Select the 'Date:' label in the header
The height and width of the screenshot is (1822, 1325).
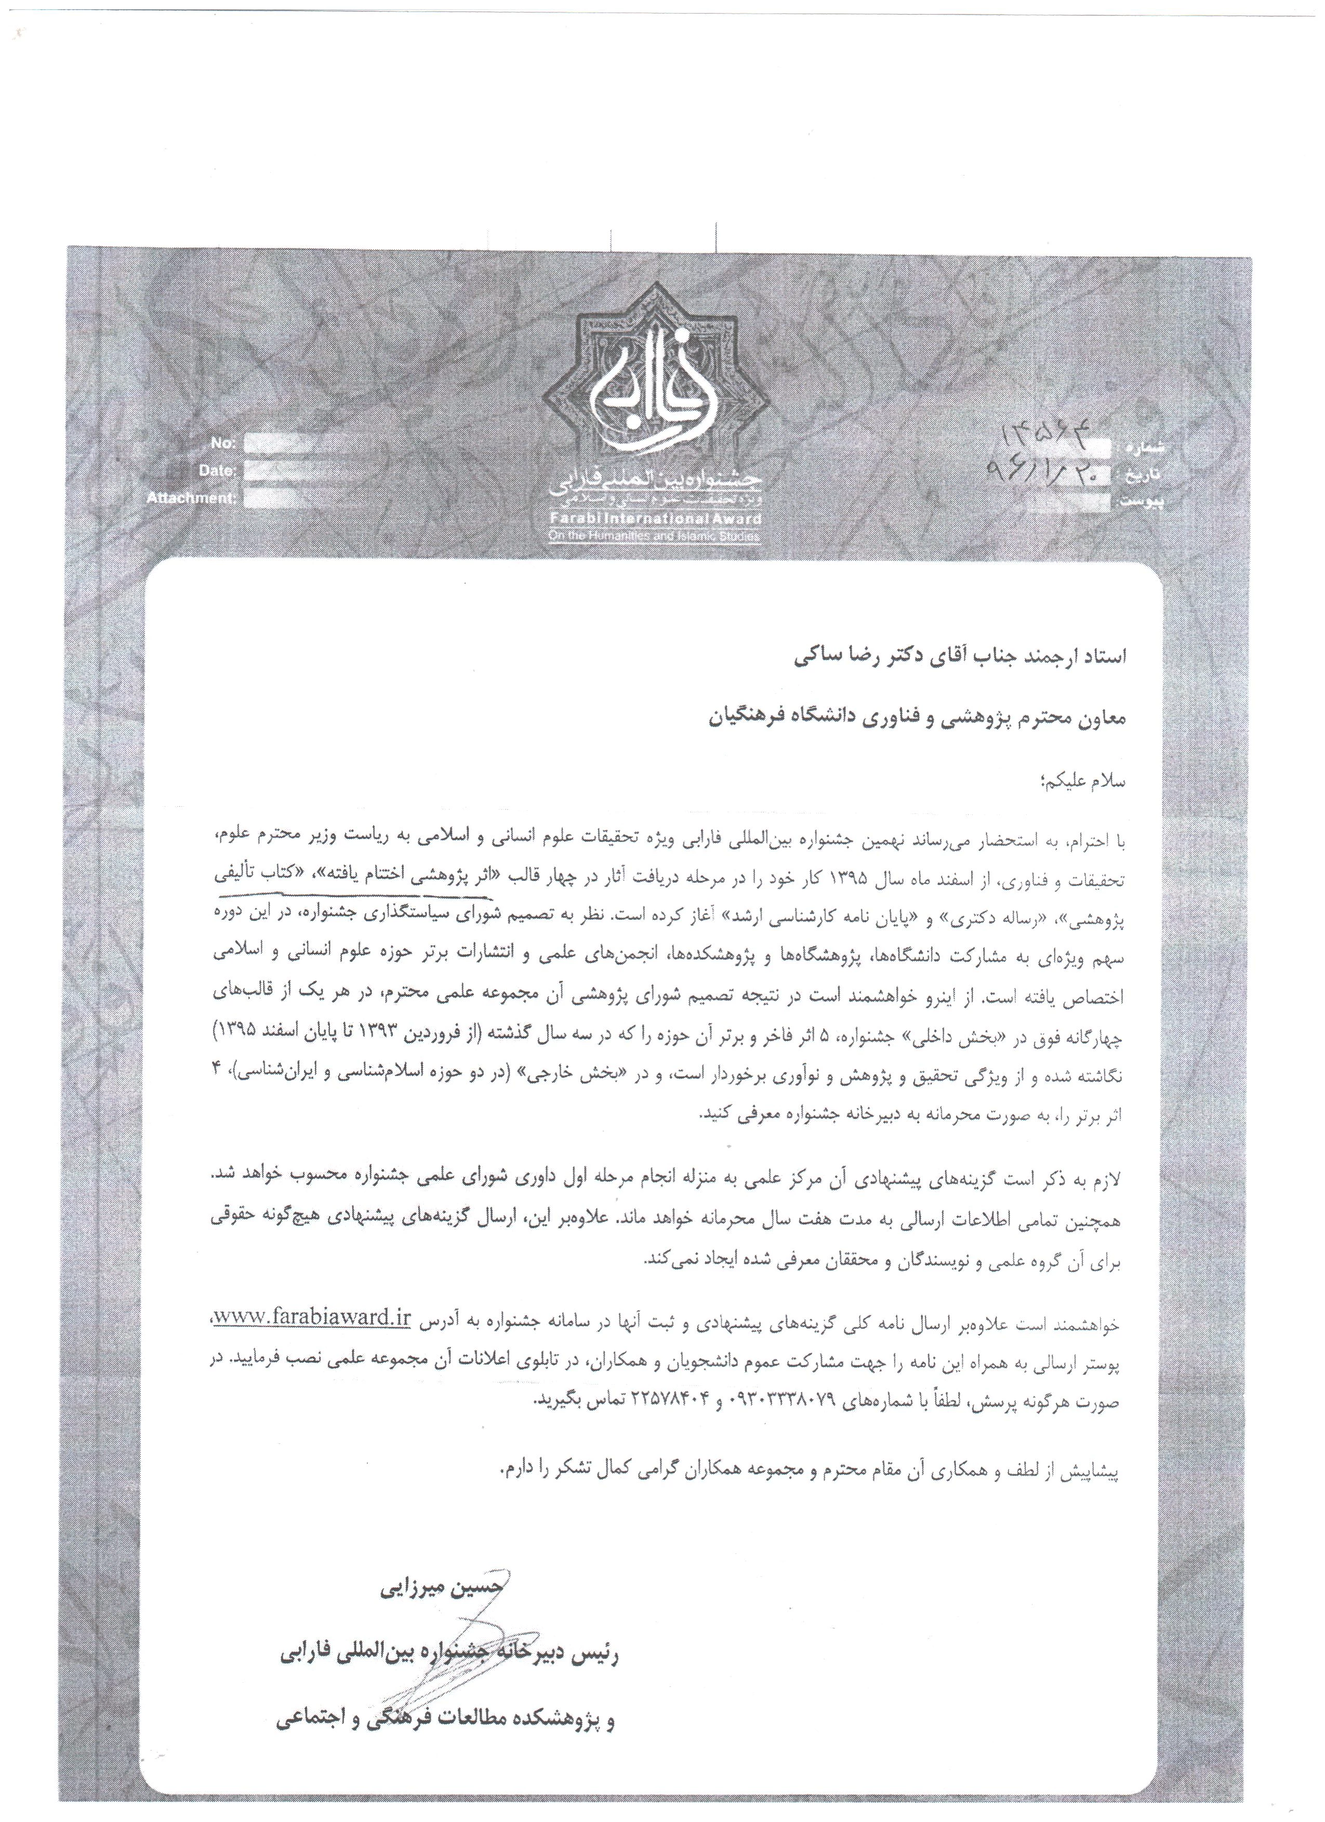[x=217, y=471]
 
